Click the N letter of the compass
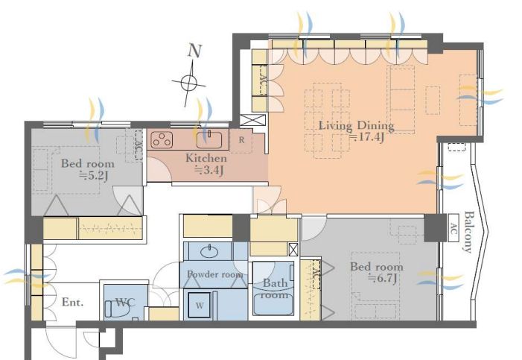coord(195,51)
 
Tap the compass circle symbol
coord(188,82)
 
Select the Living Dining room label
coord(356,126)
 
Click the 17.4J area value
coord(366,137)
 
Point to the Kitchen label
coord(206,158)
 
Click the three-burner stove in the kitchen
coord(162,140)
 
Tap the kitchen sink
coord(209,140)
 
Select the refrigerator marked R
coord(241,140)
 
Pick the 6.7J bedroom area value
coord(382,278)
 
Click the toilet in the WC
coord(117,309)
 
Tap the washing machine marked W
coord(200,306)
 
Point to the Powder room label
coord(214,274)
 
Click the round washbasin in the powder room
coord(210,252)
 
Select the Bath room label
coord(275,288)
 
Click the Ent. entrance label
coord(72,303)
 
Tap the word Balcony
coord(468,232)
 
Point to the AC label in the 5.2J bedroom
coord(139,145)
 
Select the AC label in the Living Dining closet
coord(263,80)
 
